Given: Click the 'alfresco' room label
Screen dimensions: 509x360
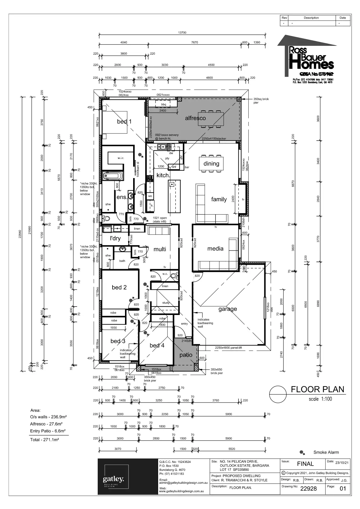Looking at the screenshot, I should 195,118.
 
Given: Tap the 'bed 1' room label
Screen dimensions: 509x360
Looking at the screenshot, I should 124,121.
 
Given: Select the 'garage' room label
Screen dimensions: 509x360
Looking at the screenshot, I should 227,309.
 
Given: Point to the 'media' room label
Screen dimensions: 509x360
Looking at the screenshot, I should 215,249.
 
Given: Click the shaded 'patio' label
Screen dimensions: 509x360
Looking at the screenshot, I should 186,355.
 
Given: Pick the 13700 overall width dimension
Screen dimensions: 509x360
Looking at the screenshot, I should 182,33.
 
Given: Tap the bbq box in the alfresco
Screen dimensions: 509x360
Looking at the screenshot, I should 164,104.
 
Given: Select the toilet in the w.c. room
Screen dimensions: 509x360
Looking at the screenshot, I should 174,275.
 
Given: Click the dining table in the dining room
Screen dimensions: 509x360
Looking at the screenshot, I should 211,164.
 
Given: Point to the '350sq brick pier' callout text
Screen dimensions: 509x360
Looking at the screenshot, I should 261,101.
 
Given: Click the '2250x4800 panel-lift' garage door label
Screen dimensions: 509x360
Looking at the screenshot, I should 228,347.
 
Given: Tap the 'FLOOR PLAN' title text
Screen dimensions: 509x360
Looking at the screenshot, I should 317,389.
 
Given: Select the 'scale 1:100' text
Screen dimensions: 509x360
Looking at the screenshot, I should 320,399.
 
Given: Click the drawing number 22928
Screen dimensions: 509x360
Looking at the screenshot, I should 308,489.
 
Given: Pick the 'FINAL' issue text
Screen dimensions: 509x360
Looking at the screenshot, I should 305,464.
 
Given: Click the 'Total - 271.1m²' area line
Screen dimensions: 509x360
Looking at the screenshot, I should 44,440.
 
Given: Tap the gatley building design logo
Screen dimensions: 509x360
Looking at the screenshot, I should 114,480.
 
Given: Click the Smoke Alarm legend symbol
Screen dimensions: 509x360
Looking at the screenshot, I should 302,452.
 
